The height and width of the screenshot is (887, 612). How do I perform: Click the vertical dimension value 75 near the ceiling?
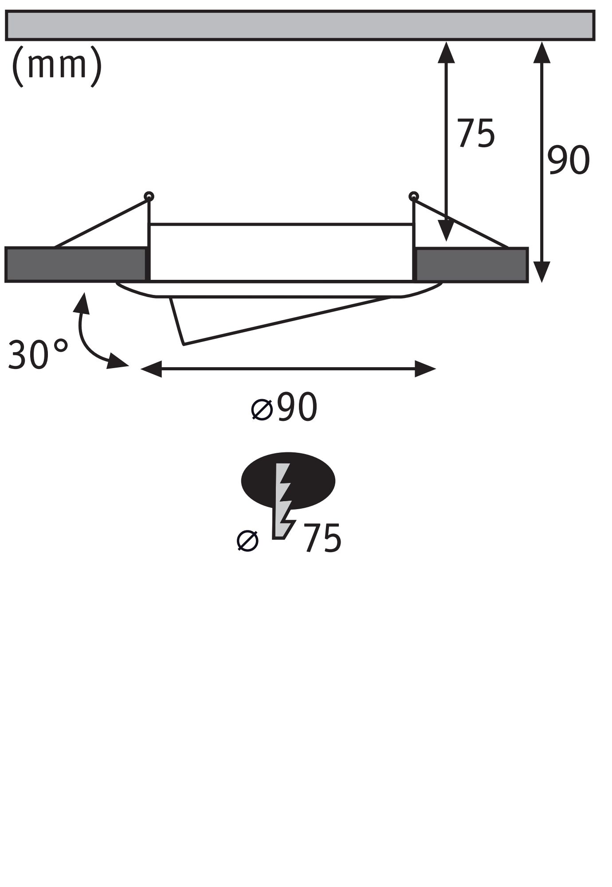pos(476,133)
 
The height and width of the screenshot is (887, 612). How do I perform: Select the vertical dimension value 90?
pos(568,160)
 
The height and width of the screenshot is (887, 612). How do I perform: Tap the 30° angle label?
pos(38,355)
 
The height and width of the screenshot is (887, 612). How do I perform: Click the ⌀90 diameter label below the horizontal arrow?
pos(284,407)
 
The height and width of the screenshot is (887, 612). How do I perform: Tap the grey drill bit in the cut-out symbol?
pos(282,501)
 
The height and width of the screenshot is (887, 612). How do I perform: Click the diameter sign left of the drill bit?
pos(247,541)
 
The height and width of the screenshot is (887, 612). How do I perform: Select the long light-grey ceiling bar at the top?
pos(300,26)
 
